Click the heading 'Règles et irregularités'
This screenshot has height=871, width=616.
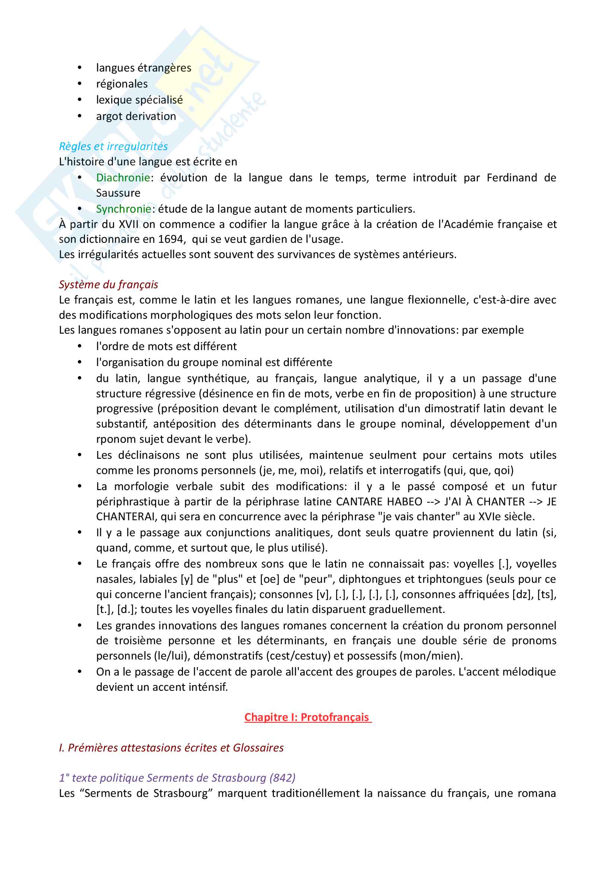coord(113,146)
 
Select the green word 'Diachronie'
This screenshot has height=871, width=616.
coord(123,178)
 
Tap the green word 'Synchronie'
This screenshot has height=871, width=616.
coord(123,209)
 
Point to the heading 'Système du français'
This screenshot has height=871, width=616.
coord(108,284)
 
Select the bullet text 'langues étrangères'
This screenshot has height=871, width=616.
coord(143,68)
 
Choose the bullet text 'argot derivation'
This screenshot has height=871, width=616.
coord(136,117)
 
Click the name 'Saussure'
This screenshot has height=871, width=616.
coord(118,193)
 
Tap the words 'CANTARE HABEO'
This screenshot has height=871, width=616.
coord(379,502)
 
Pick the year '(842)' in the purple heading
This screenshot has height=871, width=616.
coord(282,778)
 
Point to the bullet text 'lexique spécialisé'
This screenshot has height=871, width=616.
coord(139,100)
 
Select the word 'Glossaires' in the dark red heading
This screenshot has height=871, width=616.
coord(258,748)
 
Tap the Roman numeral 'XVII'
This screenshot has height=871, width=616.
coord(129,224)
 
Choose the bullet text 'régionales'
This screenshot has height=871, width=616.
coord(122,84)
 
